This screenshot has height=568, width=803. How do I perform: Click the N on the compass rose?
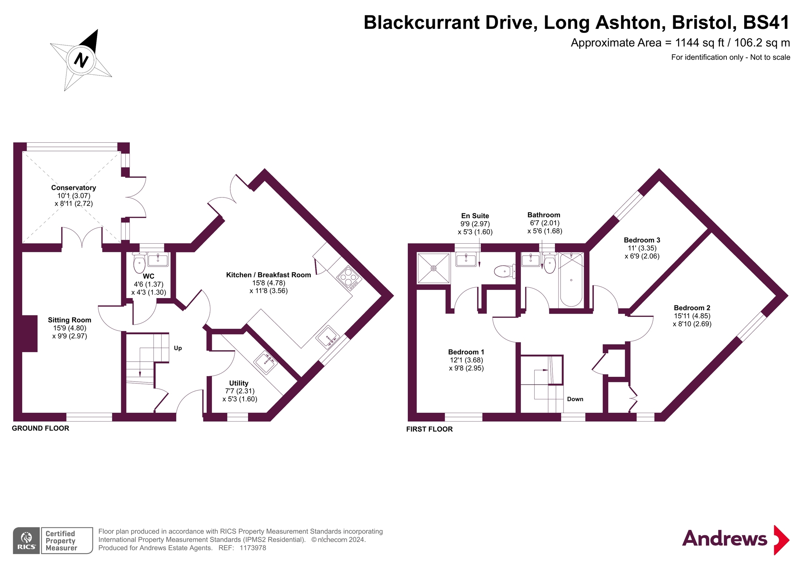(x=81, y=60)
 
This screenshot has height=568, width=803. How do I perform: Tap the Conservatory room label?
(x=74, y=188)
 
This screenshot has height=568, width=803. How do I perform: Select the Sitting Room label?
(x=70, y=320)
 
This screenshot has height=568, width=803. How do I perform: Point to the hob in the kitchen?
(x=349, y=278)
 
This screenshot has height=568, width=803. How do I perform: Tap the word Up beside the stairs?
(x=178, y=348)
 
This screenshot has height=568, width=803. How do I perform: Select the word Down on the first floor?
(x=575, y=399)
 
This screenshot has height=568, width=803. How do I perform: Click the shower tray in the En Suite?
(x=433, y=268)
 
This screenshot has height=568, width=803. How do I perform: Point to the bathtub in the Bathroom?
(x=571, y=280)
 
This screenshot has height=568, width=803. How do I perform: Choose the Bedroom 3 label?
(x=642, y=240)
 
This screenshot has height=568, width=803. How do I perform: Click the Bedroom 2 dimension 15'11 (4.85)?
(x=692, y=316)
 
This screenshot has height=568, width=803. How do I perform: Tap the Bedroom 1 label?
(x=466, y=352)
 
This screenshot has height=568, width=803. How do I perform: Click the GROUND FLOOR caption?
(x=41, y=428)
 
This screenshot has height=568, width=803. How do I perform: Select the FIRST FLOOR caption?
(x=430, y=429)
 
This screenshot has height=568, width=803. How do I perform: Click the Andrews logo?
(x=736, y=539)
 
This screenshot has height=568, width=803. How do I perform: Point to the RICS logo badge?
(x=27, y=541)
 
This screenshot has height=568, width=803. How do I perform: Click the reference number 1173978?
(x=253, y=548)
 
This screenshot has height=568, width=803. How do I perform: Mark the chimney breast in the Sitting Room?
(x=30, y=334)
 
